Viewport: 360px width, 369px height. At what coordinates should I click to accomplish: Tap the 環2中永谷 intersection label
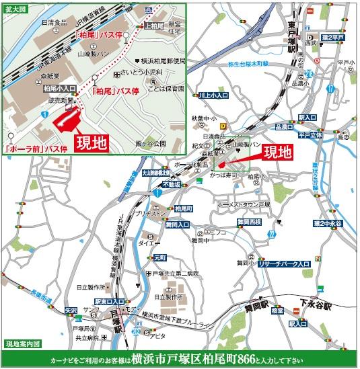328,222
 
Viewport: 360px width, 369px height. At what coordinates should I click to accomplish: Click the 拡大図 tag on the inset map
14,10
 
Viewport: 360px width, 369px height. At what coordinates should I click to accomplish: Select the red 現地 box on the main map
277,152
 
